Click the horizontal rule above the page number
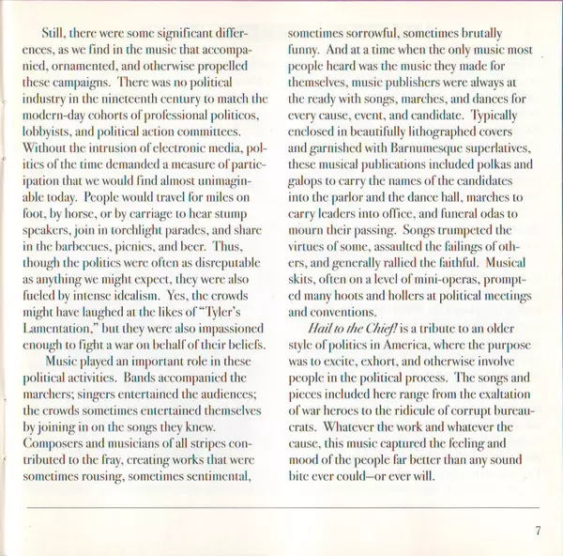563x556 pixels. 281,507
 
